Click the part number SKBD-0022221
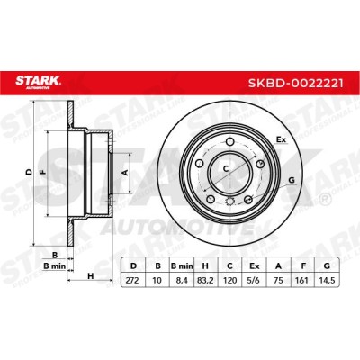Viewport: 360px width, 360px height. [295, 83]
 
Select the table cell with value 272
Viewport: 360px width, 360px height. [133, 281]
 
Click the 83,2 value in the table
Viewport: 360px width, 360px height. [205, 281]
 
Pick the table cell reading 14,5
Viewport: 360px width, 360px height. [327, 281]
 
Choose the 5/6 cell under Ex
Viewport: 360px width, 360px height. [254, 281]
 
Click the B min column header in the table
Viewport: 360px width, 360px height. [182, 265]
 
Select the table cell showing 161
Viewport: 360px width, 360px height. [302, 281]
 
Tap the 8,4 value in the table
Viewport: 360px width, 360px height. [182, 281]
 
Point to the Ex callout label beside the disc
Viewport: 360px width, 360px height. [281, 139]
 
